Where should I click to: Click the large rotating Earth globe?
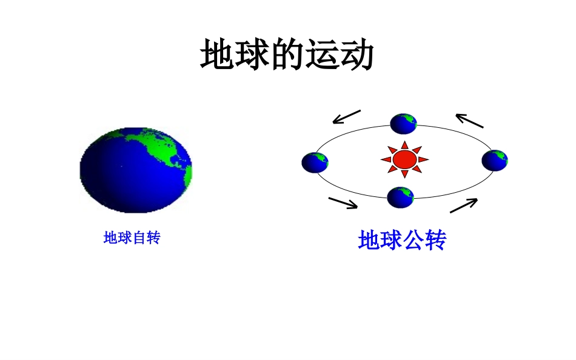coord(135,170)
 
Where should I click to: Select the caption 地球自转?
coord(132,238)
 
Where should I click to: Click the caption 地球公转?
coord(402,241)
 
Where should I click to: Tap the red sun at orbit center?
coord(404,159)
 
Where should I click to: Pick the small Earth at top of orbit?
coord(403,124)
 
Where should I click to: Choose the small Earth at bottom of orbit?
coord(400,197)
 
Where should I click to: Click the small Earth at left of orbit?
coord(315,162)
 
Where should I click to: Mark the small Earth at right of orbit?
coord(495,160)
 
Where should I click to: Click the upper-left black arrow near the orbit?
coord(346,116)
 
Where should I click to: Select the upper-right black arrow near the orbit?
coord(470,121)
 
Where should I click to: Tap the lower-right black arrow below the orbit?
coord(464,205)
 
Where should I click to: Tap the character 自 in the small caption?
coord(139,238)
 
